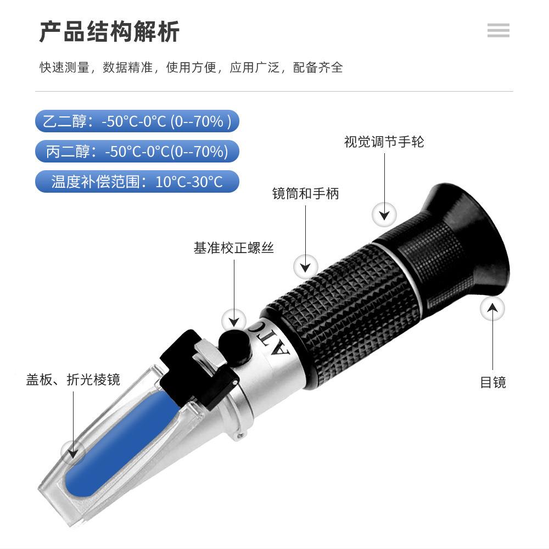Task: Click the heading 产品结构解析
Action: click(109, 32)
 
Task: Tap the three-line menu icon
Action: click(498, 31)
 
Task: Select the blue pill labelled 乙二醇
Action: click(137, 121)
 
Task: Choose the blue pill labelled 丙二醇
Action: click(137, 152)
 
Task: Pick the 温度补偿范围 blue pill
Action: click(137, 182)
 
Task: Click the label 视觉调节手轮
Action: click(384, 142)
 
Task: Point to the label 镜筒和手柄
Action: click(305, 193)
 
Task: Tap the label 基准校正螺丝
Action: click(233, 248)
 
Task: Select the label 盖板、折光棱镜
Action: click(73, 379)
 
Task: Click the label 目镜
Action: click(492, 382)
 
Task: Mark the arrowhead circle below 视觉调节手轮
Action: click(384, 214)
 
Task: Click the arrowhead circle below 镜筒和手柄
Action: click(306, 267)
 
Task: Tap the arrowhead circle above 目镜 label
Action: click(492, 309)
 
